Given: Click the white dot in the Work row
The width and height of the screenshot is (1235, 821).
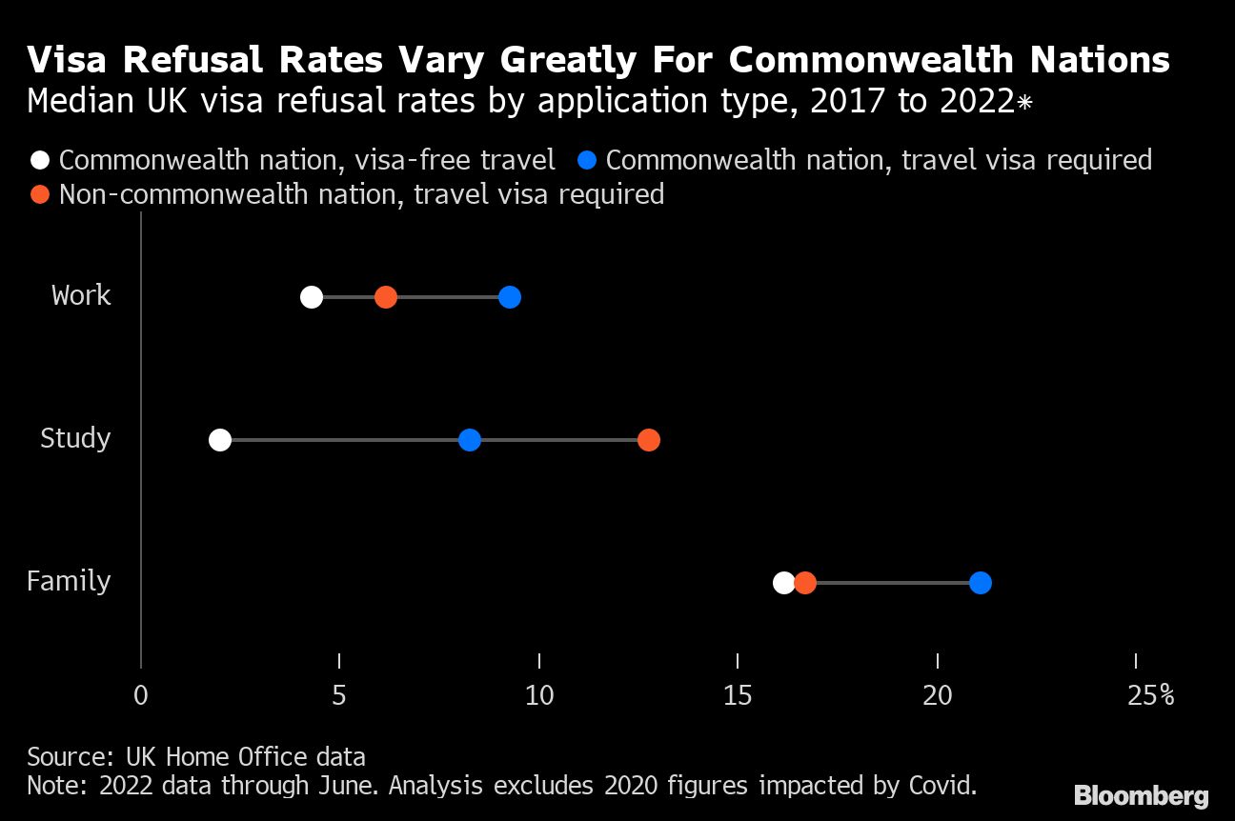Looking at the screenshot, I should click(312, 297).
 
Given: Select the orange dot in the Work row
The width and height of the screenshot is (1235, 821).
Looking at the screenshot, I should click(385, 297).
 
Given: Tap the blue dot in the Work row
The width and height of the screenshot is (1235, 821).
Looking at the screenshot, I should click(510, 297).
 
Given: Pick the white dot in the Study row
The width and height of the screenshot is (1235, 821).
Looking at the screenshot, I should click(220, 440).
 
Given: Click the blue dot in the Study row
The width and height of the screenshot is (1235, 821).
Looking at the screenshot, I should click(470, 440).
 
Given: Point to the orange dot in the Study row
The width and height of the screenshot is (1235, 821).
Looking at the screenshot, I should click(649, 440).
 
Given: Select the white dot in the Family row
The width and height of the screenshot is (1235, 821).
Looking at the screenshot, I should click(783, 583).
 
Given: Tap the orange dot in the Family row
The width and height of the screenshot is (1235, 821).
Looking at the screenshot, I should click(805, 583).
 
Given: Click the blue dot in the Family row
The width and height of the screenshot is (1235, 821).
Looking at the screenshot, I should click(981, 583).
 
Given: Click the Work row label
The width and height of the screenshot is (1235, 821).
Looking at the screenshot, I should click(81, 295).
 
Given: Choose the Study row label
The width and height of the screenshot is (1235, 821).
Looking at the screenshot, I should click(75, 438).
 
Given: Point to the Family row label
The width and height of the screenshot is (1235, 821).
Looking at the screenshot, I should click(69, 581).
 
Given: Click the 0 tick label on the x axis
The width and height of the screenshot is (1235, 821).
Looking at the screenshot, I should click(141, 696).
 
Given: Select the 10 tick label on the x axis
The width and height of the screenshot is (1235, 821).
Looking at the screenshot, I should click(539, 696).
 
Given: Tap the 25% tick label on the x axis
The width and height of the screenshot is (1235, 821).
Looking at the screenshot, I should click(1150, 696).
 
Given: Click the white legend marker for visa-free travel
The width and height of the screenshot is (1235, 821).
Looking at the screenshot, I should click(40, 159).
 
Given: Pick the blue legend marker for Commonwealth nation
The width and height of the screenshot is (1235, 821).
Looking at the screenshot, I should click(587, 159).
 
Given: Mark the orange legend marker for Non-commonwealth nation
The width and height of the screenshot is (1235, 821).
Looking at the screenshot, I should click(40, 194).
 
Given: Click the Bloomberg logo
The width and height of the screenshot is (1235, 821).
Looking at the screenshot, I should click(1141, 796).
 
